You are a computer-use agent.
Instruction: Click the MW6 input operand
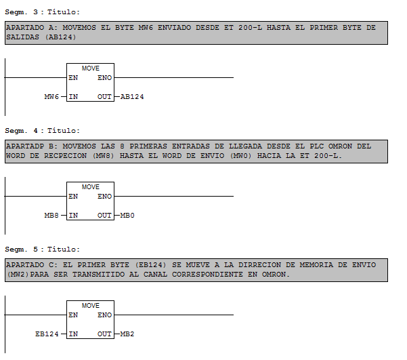pos(51,97)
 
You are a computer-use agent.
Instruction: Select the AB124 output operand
pos(132,97)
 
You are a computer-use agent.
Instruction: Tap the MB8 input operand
pos(51,216)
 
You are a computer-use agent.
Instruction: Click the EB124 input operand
pos(47,334)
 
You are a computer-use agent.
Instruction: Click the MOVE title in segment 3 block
pos(90,68)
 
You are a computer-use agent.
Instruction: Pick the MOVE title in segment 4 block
pos(90,187)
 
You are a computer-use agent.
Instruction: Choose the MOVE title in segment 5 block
pos(90,306)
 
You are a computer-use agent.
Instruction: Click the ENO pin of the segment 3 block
pos(104,78)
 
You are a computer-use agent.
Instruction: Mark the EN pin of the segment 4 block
pos(73,197)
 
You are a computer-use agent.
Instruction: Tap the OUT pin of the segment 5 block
pos(104,334)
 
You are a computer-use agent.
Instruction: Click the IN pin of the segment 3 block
pos(73,97)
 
